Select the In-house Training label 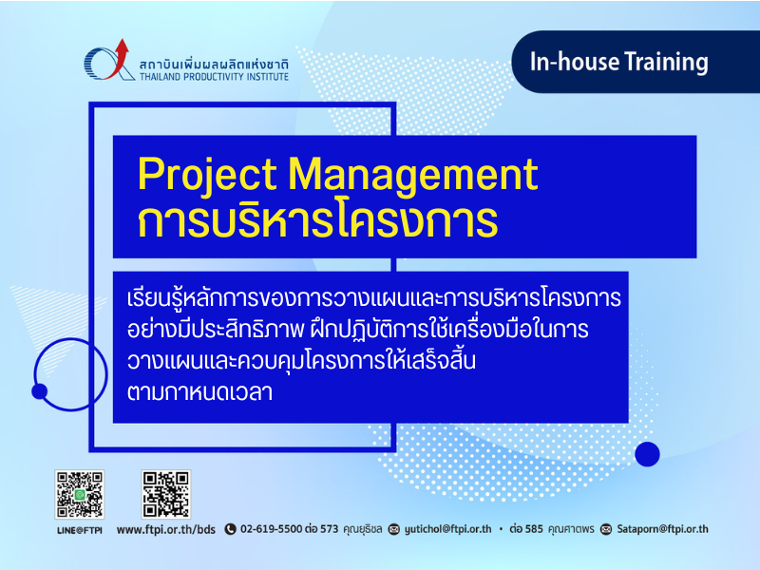619,62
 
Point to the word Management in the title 413,175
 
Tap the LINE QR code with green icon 80,494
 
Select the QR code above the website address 165,494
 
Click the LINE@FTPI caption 80,530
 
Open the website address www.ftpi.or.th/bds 165,529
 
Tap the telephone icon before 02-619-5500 230,529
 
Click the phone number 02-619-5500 272,529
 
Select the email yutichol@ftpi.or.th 447,529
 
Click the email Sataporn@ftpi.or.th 662,529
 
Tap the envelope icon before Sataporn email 606,529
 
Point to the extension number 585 534,529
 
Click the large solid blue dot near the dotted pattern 647,454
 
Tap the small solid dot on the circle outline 39,391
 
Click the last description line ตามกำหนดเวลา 199,392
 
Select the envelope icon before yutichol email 394,529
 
